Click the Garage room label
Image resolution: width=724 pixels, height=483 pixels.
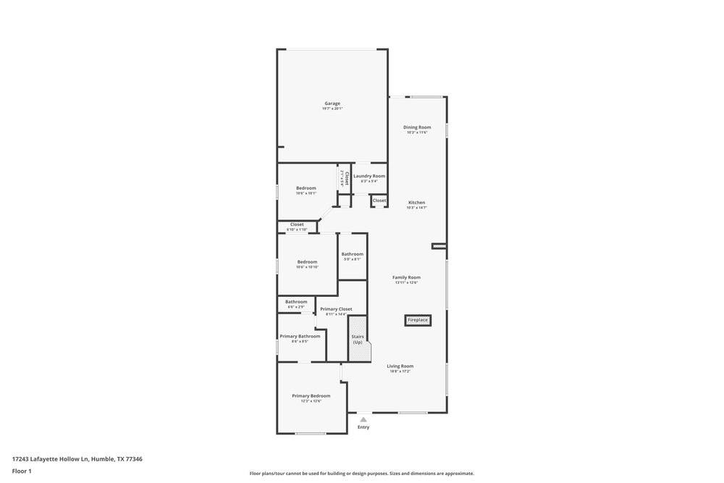coord(332,104)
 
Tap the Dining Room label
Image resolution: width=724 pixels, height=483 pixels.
coord(417,127)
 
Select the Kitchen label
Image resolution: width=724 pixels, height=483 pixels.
coord(416,203)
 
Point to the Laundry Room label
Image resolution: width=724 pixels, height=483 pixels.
coord(369,176)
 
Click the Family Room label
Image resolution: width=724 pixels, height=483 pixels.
coord(406,277)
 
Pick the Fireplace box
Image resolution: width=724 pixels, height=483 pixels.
coord(418,320)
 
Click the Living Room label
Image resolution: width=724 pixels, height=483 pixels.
coord(400,366)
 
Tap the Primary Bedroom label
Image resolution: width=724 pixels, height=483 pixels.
coord(311,396)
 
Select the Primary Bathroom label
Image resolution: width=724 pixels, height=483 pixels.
coord(300,336)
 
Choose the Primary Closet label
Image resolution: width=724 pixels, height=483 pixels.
coord(336,309)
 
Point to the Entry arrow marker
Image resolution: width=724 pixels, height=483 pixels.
coord(363,419)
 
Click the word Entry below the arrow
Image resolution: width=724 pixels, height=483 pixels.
coord(363,427)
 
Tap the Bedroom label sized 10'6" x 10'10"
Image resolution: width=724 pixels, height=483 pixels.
coord(307,262)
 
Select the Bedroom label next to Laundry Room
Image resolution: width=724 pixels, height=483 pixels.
coord(306,188)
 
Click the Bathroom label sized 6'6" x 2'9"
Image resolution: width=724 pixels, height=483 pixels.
coord(296,302)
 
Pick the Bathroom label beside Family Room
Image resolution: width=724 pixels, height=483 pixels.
coord(353,254)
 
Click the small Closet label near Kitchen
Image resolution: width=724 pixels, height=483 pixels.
coord(379,201)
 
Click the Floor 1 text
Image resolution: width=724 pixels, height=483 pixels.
coord(22,471)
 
